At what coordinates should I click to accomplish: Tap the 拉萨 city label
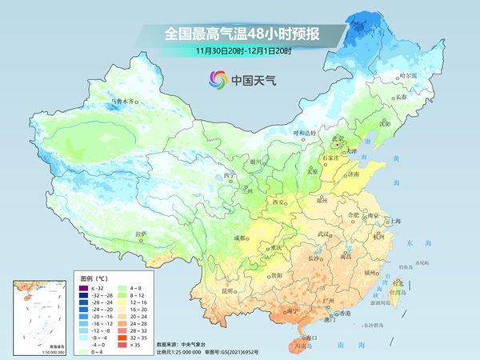[x=142, y=234]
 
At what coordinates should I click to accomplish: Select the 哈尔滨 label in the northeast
[x=409, y=75]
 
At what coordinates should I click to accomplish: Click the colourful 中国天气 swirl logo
[x=218, y=79]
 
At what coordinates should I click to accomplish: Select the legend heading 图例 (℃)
[x=94, y=275]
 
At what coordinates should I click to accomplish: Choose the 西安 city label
[x=278, y=203]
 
